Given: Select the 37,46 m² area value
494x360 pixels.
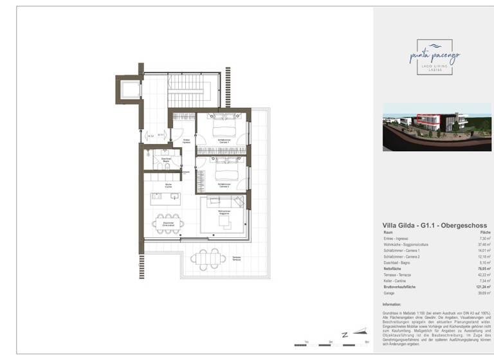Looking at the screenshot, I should [484, 245].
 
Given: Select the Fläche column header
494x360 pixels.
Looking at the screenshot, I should [486, 232].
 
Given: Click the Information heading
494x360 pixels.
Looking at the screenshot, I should [392, 305].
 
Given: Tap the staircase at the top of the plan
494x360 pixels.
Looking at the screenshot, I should [185, 90].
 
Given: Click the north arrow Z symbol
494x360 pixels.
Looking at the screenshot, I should [345, 335].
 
